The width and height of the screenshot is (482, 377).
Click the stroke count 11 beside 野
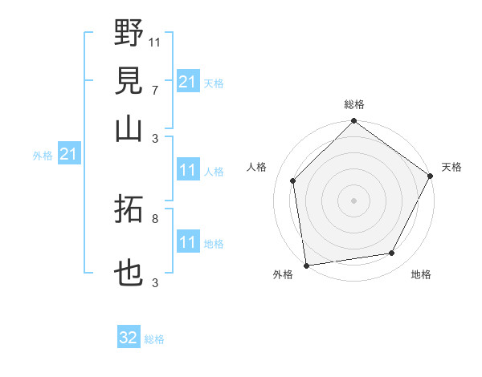155,41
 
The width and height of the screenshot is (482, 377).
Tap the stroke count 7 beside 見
155,89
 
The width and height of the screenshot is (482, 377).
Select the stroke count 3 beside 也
155,282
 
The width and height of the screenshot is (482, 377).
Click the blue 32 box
129,338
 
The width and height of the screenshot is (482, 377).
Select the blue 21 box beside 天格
188,82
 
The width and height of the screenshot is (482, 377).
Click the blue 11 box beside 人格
188,170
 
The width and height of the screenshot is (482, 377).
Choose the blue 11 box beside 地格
188,242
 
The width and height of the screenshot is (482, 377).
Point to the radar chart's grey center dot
353,201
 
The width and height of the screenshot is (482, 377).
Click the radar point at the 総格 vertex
353,121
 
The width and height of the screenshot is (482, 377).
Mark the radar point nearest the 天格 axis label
430,176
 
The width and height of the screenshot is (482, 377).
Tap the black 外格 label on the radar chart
283,275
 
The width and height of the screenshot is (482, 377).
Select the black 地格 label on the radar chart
421,275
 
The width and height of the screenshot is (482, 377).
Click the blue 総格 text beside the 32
154,339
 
